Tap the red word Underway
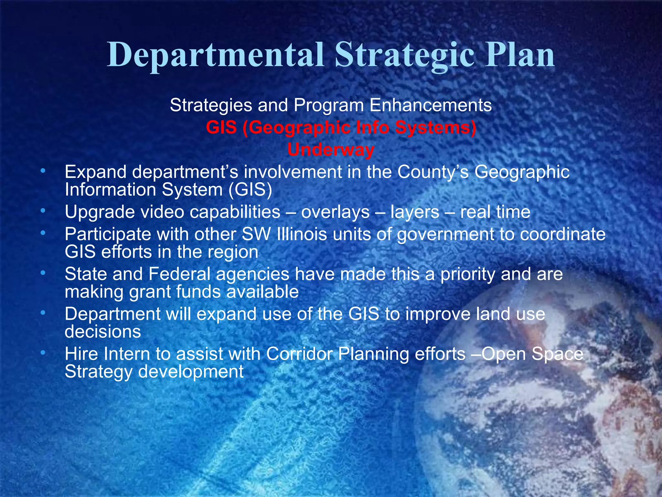point(331,150)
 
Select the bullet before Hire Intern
point(43,353)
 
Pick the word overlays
point(335,212)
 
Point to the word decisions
point(103,332)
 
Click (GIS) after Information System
point(250,190)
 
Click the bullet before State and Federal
point(43,273)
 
